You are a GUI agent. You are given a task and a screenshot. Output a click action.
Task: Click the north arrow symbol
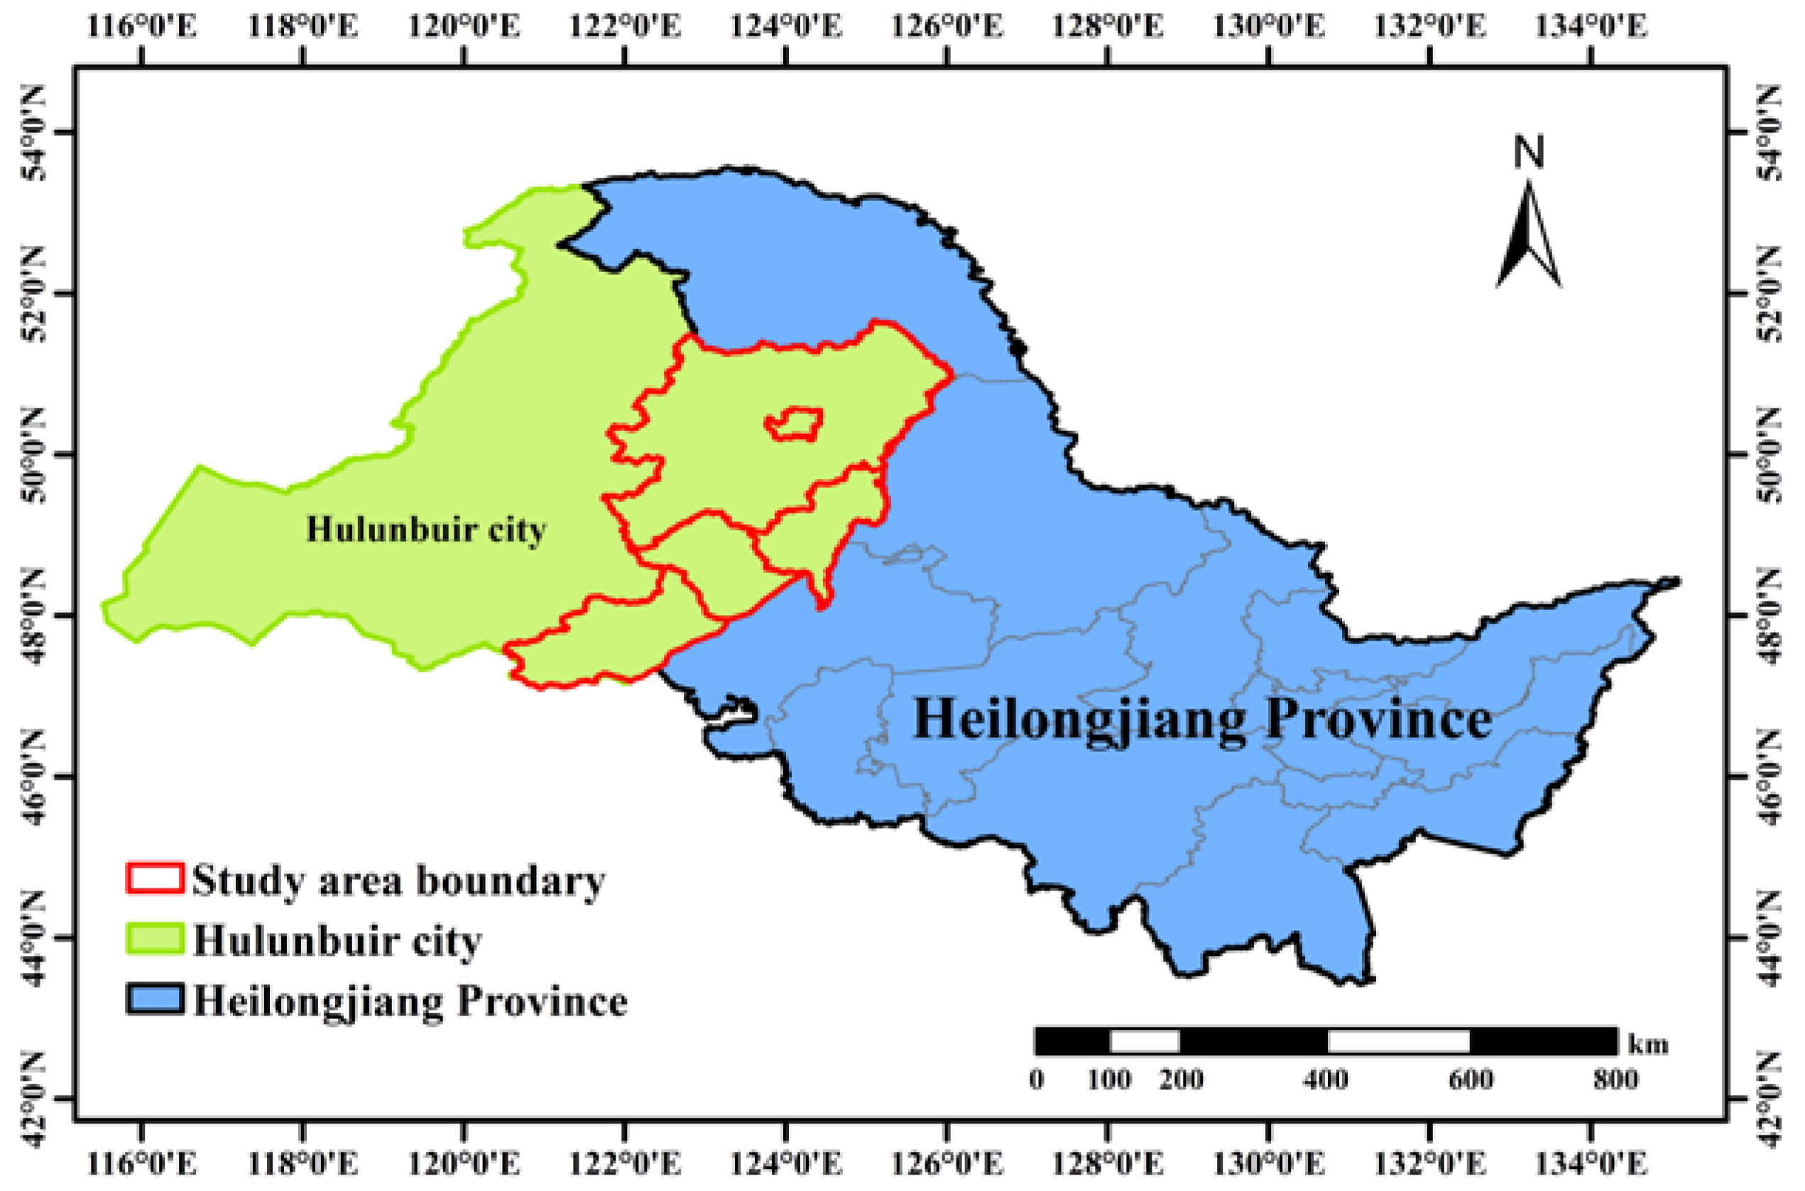pyautogui.click(x=1528, y=237)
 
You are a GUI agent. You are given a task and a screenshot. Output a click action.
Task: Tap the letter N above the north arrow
pyautogui.click(x=1529, y=152)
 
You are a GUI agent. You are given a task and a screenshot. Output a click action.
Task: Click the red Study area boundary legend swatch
pyautogui.click(x=154, y=877)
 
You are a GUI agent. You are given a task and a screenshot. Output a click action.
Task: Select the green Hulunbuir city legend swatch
pyautogui.click(x=154, y=938)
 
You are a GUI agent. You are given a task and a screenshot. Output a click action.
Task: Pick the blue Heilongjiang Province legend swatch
pyautogui.click(x=154, y=999)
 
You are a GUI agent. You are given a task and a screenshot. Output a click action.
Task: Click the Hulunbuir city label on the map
pyautogui.click(x=426, y=529)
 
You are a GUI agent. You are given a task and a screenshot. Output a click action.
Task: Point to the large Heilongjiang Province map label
pyautogui.click(x=1202, y=719)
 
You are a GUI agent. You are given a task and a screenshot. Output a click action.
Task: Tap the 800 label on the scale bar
pyautogui.click(x=1615, y=1079)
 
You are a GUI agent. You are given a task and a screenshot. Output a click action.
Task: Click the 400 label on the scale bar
pyautogui.click(x=1325, y=1079)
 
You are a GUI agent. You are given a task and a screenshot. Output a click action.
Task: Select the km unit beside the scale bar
pyautogui.click(x=1648, y=1045)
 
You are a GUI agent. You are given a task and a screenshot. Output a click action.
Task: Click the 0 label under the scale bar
pyautogui.click(x=1037, y=1079)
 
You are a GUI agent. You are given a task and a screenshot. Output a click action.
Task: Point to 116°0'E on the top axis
pyautogui.click(x=142, y=26)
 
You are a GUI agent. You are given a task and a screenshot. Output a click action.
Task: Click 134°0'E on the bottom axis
pyautogui.click(x=1591, y=1163)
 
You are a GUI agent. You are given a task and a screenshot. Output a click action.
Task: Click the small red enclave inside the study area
pyautogui.click(x=795, y=424)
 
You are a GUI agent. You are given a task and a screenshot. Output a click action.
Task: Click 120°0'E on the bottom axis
pyautogui.click(x=464, y=1163)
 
